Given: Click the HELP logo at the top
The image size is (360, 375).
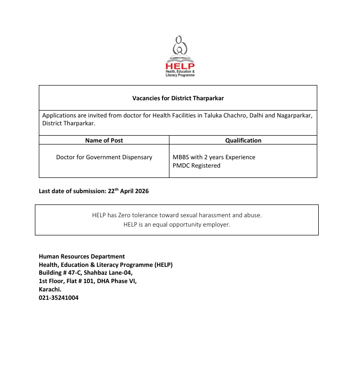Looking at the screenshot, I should (180, 56).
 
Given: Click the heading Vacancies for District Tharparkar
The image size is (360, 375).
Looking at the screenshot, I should (178, 98).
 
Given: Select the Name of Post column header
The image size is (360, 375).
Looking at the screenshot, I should (104, 140).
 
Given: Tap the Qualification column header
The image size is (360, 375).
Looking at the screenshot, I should (243, 140).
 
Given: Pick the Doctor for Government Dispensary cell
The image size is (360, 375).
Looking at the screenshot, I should (104, 157).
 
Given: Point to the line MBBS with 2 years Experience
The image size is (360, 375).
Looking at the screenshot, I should (214, 157).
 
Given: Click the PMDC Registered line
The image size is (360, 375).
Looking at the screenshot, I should (196, 166).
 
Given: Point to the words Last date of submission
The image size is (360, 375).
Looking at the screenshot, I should (72, 191).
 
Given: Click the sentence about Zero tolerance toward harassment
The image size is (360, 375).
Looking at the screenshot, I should (177, 215).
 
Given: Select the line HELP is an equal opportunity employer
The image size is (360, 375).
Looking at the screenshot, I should (177, 225).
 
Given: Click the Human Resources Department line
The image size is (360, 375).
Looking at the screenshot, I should (82, 256).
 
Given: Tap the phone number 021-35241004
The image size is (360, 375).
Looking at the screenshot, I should (58, 297).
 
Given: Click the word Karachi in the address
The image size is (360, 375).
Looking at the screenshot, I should (50, 289).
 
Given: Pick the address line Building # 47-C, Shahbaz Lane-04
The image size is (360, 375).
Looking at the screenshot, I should (85, 272).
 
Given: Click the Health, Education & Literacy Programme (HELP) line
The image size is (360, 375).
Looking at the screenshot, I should (106, 264).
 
